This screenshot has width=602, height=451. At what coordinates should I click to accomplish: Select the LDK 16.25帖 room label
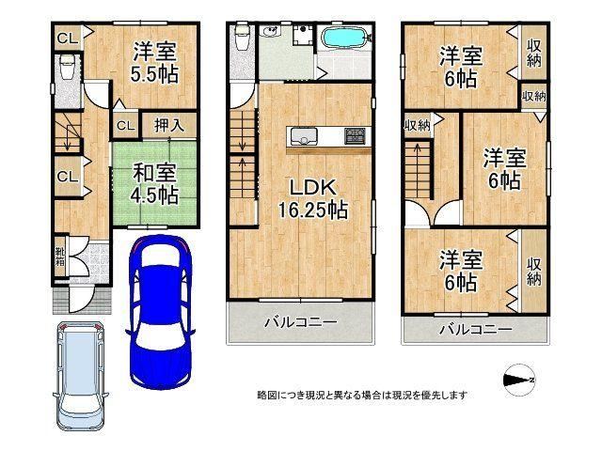click(313, 198)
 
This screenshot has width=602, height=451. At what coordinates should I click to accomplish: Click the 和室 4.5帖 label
click(154, 184)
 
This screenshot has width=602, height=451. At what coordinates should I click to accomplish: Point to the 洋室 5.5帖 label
click(154, 63)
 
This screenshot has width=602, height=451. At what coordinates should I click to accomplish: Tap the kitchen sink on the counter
click(304, 136)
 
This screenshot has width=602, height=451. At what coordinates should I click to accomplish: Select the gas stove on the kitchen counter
click(355, 136)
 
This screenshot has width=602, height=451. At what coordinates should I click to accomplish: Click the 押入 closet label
click(169, 125)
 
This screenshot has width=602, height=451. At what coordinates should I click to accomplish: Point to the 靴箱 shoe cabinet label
click(60, 257)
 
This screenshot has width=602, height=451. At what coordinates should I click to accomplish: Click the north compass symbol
click(518, 380)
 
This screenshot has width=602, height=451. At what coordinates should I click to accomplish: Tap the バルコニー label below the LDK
click(301, 322)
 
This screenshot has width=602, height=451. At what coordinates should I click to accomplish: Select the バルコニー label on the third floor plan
click(476, 329)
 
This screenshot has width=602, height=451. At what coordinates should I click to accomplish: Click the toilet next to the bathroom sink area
click(243, 37)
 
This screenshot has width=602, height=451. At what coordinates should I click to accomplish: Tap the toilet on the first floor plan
click(68, 67)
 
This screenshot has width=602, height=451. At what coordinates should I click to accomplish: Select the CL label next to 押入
click(126, 125)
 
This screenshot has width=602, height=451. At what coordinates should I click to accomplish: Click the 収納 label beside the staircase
click(417, 125)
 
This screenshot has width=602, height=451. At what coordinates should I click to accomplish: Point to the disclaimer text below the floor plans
click(362, 395)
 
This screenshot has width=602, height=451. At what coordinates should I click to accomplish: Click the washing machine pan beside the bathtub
click(304, 36)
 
